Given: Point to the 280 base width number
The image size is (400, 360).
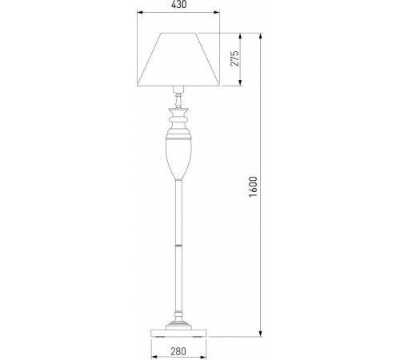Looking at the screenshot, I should (x=178, y=350).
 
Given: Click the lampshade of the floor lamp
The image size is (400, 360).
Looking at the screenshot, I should (x=178, y=60).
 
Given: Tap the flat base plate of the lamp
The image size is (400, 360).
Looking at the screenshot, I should (x=178, y=330).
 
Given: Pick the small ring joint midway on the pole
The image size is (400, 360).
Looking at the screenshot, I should (x=178, y=241).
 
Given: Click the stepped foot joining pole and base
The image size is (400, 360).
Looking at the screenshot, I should (x=178, y=318).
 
